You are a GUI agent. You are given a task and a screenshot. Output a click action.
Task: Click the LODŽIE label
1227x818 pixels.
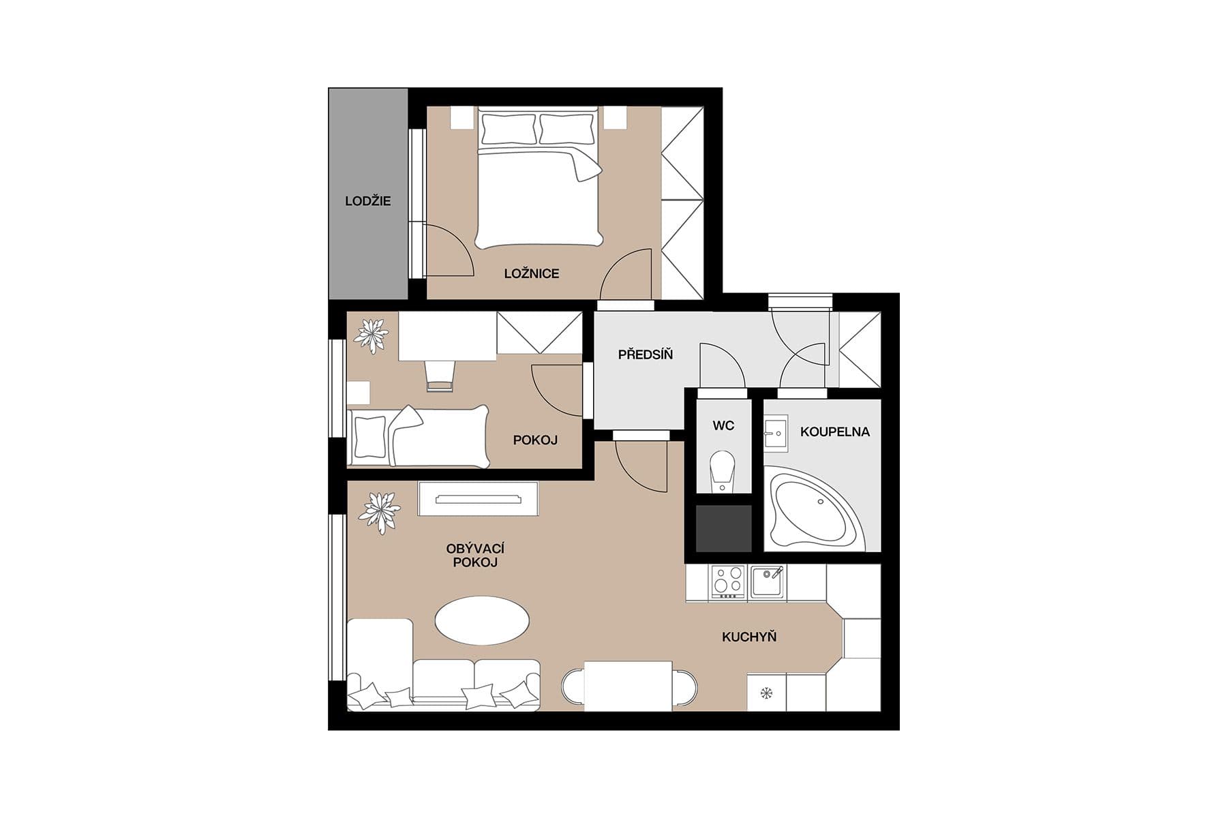(367, 201)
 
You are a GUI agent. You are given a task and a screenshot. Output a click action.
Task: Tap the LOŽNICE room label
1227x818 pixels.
(532, 273)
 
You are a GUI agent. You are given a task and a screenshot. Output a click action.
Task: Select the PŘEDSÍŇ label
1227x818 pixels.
(645, 354)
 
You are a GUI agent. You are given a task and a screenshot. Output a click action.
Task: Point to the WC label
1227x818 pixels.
(723, 426)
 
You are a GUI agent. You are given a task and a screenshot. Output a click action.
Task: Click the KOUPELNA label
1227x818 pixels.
(834, 431)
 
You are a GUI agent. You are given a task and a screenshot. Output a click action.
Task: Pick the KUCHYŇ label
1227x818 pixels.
(749, 637)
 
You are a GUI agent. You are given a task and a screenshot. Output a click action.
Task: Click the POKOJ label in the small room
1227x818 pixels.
(535, 440)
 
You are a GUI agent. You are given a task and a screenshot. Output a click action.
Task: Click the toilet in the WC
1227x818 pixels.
(723, 469)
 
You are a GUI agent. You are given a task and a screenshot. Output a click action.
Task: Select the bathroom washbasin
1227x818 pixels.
(775, 433)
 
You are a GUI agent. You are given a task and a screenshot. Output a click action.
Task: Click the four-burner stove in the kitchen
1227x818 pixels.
(727, 582)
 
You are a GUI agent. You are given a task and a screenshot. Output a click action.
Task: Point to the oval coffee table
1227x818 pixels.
(482, 620)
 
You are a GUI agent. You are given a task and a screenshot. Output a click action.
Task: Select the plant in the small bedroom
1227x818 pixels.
(371, 335)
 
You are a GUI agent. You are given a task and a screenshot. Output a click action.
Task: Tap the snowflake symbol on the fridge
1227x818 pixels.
(766, 694)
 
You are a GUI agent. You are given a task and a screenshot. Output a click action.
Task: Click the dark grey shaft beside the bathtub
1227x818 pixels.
(723, 528)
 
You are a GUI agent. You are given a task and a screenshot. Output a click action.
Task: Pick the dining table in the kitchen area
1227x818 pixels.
(628, 686)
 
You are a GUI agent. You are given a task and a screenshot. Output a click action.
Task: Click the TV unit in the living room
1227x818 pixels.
(478, 499)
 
